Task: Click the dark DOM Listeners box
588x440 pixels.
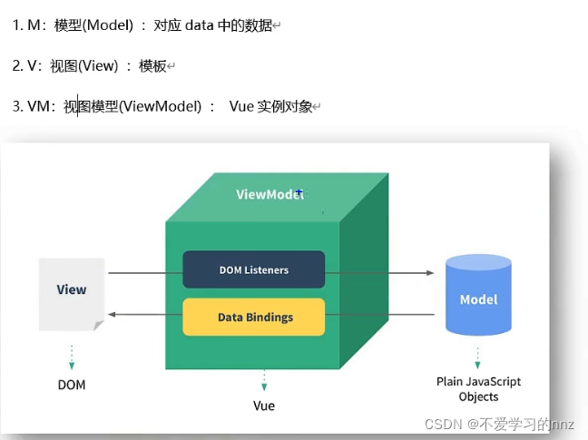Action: (254, 269)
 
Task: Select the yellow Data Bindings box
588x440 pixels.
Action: (254, 317)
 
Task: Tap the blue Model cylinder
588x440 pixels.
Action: (478, 295)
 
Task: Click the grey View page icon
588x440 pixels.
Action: (72, 295)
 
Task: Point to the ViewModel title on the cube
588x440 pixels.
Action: (270, 194)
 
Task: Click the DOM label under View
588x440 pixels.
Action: (72, 385)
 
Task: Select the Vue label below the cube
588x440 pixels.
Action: (264, 406)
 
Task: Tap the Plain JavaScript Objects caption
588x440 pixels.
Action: (478, 389)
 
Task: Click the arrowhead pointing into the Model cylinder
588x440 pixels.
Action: (430, 273)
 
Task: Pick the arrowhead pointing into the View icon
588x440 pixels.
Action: (112, 315)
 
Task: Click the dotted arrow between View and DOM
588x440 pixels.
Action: (72, 357)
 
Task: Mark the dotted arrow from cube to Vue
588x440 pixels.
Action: (264, 380)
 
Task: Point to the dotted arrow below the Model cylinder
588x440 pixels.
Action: (477, 358)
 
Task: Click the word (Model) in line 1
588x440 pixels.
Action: (107, 25)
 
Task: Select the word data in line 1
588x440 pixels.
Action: (199, 25)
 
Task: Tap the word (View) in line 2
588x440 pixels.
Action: (98, 66)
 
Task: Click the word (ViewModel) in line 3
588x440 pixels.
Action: (160, 106)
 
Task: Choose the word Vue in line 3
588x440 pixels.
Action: (241, 106)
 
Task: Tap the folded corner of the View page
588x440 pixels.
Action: (98, 325)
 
